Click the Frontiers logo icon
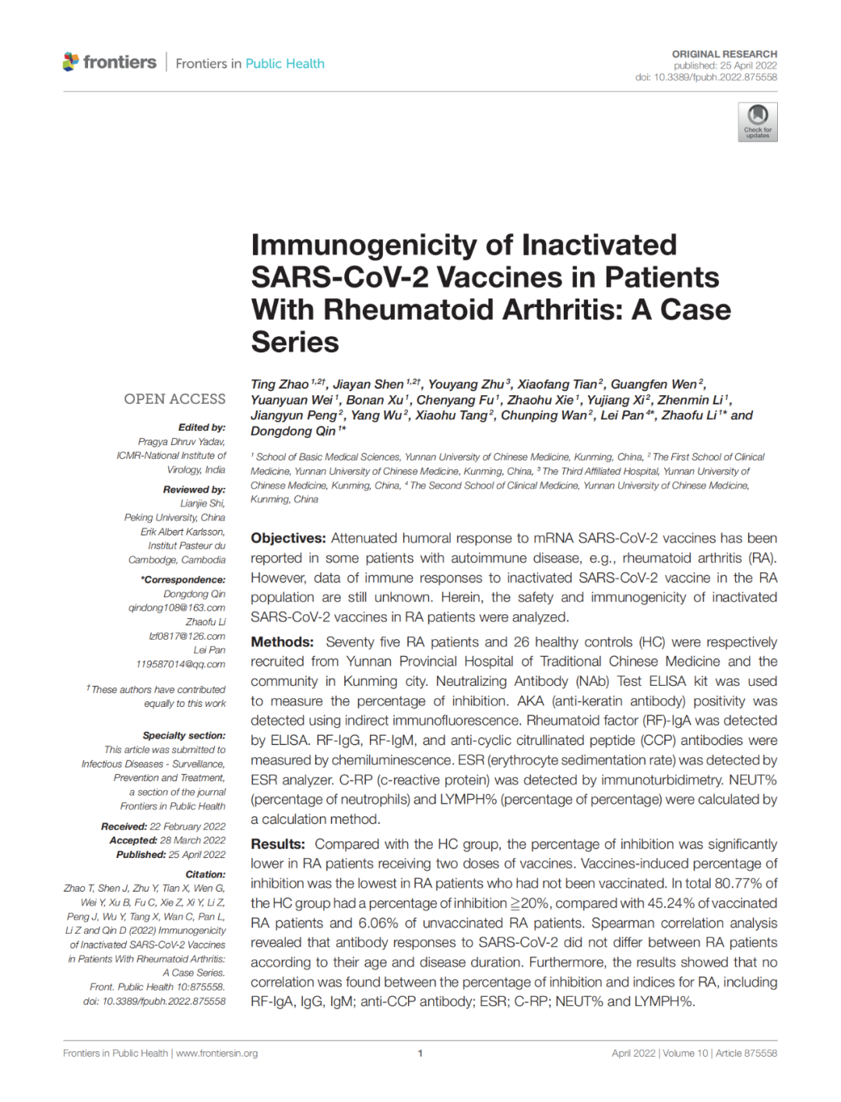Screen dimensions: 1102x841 [71, 62]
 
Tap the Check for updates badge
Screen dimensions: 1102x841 [757, 122]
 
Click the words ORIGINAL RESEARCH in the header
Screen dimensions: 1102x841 [724, 54]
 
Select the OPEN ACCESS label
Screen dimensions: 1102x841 [174, 399]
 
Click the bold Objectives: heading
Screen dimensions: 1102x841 [288, 539]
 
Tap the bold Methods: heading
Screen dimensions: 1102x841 [282, 642]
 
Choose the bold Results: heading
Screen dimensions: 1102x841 [278, 844]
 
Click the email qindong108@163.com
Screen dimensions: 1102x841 [177, 608]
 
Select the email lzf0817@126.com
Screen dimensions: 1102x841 [187, 636]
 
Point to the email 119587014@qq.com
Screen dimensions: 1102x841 [181, 664]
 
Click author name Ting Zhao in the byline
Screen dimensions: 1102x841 [280, 384]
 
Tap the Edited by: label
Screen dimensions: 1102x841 [202, 427]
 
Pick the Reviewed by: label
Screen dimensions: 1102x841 [194, 489]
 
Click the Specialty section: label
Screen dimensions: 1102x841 [184, 735]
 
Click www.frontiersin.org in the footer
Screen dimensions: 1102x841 [216, 1053]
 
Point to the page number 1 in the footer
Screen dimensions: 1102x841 [420, 1053]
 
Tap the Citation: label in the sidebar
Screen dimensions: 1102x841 [205, 874]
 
